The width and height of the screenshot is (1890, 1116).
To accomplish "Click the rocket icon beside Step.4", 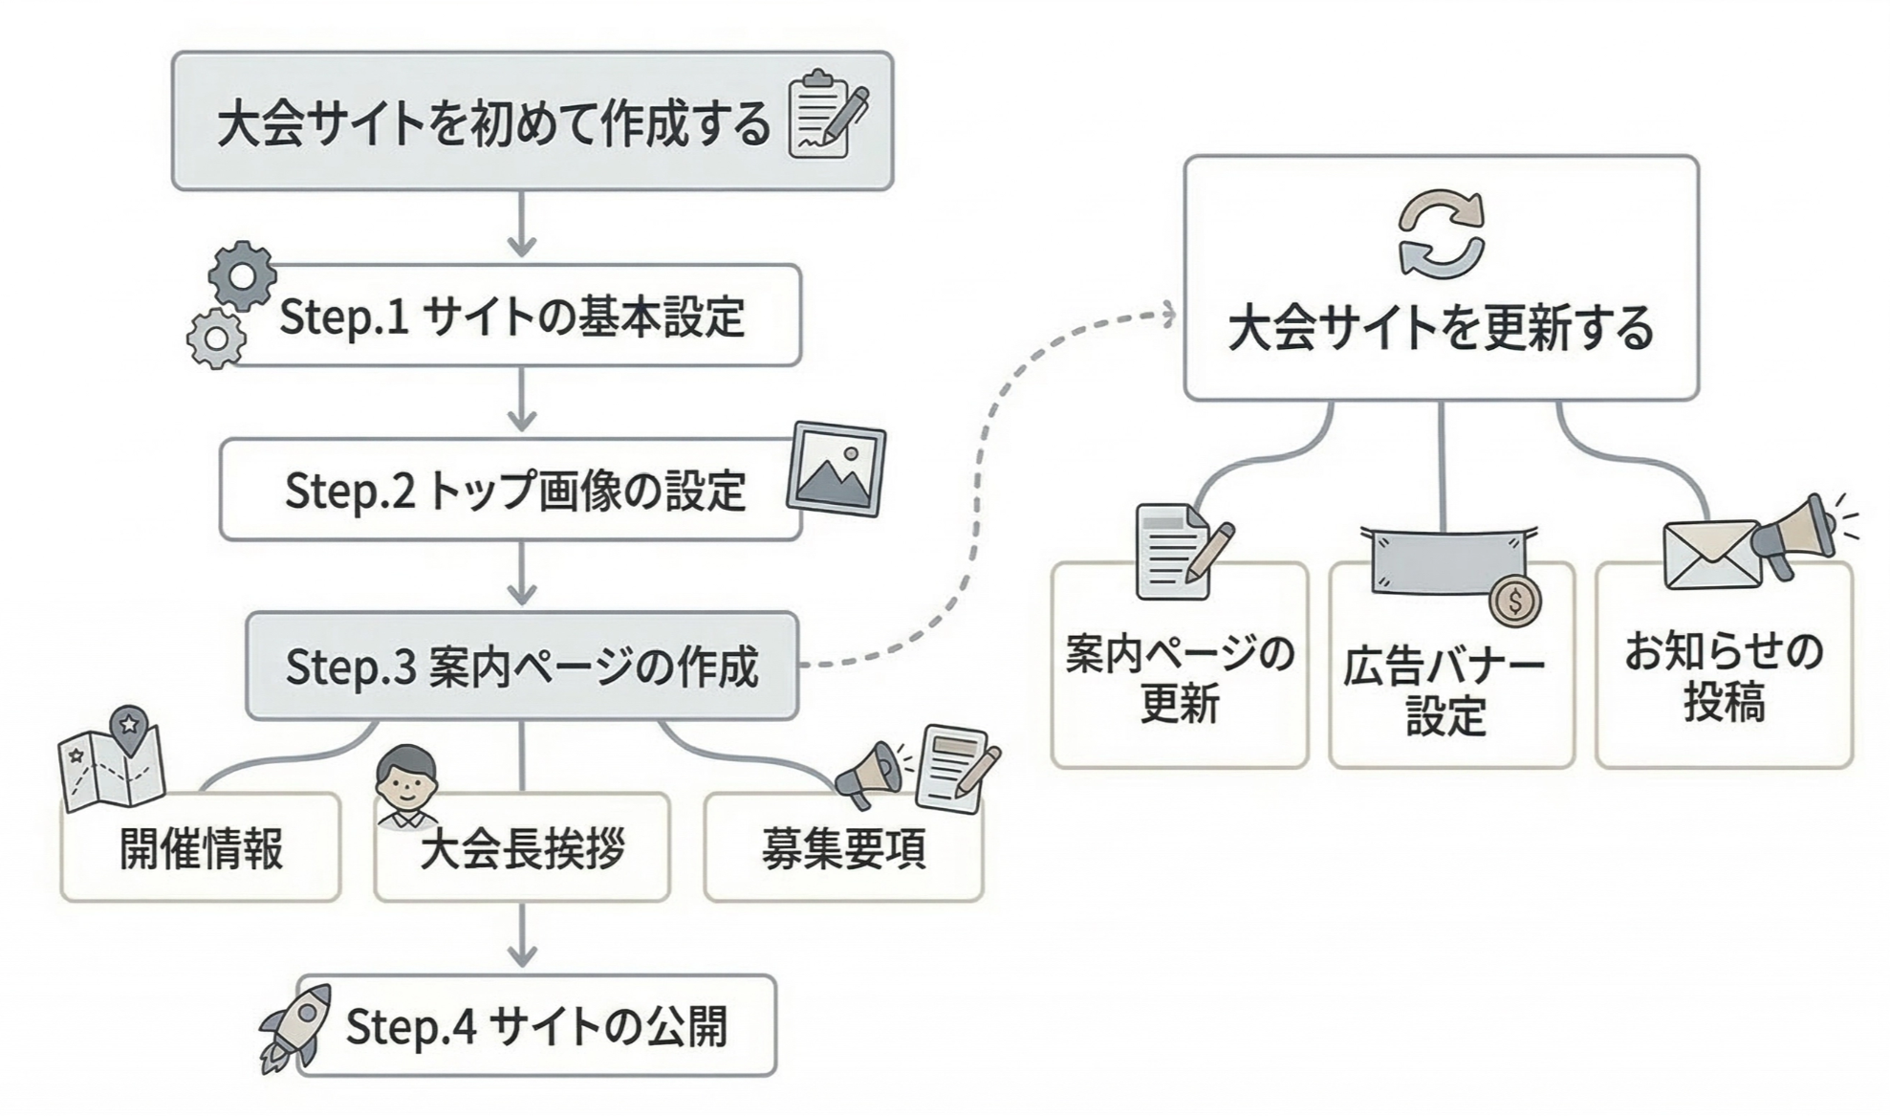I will click(x=295, y=1028).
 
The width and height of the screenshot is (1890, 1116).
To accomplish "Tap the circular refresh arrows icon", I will click(x=1442, y=235).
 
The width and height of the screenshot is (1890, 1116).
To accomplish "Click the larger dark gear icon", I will click(x=243, y=276).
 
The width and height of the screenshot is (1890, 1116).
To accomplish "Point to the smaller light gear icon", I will click(x=216, y=339).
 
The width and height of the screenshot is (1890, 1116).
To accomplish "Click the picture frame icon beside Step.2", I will click(x=836, y=469).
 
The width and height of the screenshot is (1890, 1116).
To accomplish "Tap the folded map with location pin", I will click(x=113, y=759).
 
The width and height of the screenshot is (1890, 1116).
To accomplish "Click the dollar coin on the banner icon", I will click(x=1514, y=602).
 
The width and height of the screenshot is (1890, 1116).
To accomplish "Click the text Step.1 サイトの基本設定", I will click(x=512, y=317).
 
